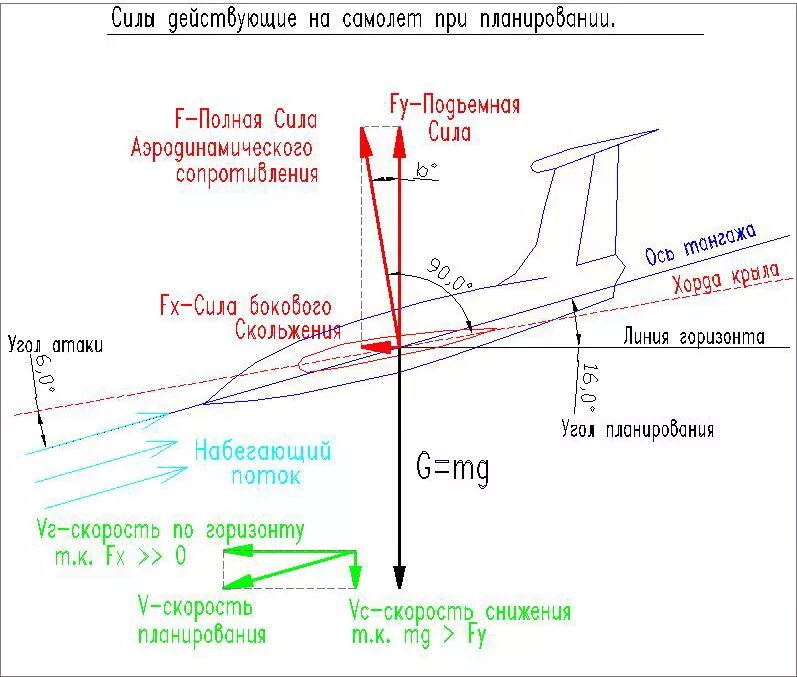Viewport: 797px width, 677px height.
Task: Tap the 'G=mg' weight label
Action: [x=453, y=467]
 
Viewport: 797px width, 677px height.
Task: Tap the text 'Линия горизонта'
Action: [x=693, y=337]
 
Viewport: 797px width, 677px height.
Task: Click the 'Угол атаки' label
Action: [x=53, y=345]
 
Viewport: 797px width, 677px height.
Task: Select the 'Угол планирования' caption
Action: [x=637, y=430]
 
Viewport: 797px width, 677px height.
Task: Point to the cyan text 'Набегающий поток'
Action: [x=263, y=463]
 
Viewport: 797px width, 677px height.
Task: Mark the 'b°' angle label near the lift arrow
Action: [x=427, y=171]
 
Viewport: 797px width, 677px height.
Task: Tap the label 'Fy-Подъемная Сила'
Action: [x=455, y=117]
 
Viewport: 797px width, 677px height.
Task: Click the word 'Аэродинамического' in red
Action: [x=222, y=147]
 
